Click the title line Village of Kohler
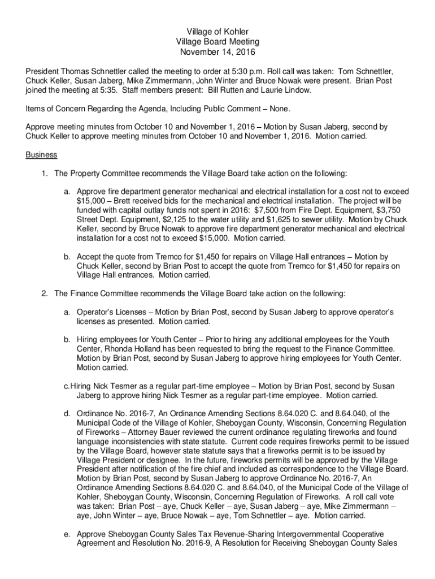(x=217, y=32)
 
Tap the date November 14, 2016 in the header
(x=217, y=52)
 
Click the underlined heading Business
(x=41, y=154)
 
